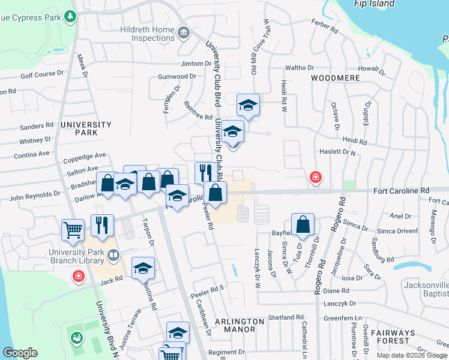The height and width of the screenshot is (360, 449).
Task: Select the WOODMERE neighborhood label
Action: click(x=335, y=78)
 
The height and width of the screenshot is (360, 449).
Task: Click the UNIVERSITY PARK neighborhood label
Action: click(x=86, y=128)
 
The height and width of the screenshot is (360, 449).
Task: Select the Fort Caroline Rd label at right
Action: click(x=401, y=190)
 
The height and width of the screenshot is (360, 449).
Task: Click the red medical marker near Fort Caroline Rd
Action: click(x=315, y=177)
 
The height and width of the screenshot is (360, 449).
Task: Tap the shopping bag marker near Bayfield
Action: click(x=303, y=226)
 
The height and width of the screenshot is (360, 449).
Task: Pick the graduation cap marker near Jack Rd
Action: click(x=143, y=268)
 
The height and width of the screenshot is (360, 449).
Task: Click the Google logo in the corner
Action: click(x=20, y=353)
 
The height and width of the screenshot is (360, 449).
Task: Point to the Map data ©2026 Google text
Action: click(x=412, y=355)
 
